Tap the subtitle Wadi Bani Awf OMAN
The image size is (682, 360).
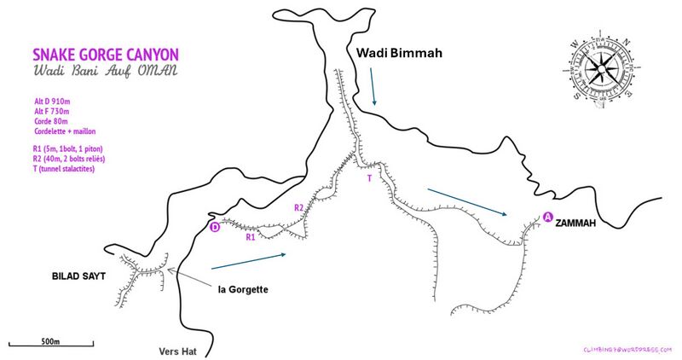[104, 70]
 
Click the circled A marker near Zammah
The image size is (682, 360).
[546, 217]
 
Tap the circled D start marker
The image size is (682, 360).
[215, 227]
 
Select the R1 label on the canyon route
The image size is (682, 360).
[251, 238]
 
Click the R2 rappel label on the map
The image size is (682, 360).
[298, 207]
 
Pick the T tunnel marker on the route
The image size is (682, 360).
[369, 179]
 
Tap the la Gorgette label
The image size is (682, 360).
[242, 290]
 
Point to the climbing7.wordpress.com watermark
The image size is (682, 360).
[627, 350]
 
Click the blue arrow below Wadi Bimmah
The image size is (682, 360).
[373, 88]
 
